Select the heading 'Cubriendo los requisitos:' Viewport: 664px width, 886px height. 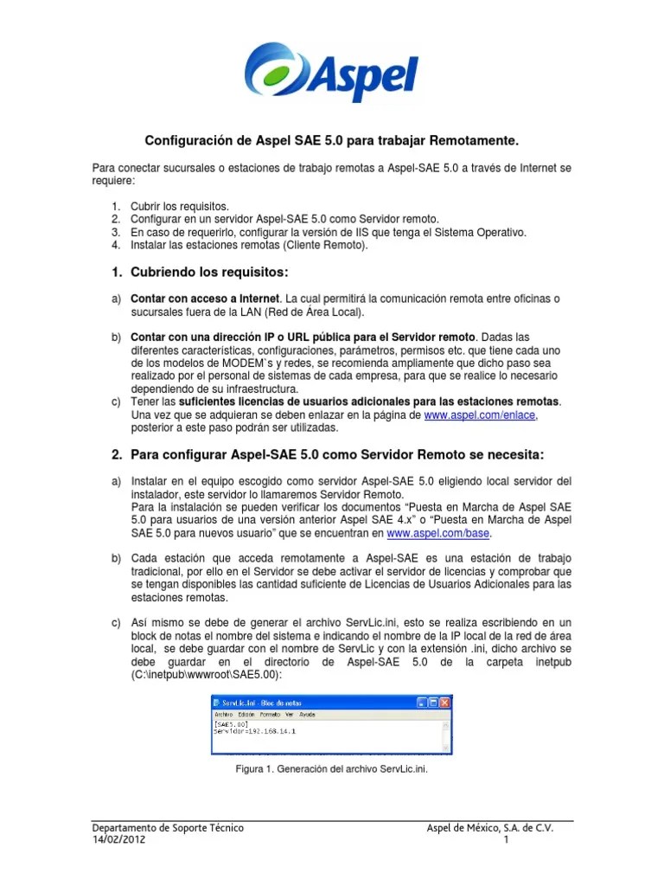(x=208, y=272)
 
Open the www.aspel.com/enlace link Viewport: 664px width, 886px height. (x=480, y=415)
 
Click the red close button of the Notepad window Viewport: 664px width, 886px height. (x=444, y=703)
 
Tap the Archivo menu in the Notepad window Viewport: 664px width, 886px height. (x=223, y=715)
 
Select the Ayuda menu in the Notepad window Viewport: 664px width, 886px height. (x=306, y=715)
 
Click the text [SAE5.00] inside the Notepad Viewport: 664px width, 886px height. (x=228, y=724)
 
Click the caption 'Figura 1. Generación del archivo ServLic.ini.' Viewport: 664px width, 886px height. (x=331, y=767)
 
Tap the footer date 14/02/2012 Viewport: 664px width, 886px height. (x=119, y=840)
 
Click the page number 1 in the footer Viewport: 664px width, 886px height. (x=506, y=840)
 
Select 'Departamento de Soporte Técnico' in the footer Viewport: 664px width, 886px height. (x=168, y=828)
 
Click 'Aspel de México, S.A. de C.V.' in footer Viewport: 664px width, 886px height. (x=490, y=828)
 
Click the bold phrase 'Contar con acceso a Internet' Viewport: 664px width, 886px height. (x=205, y=299)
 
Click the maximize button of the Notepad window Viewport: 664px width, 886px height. (x=433, y=703)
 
